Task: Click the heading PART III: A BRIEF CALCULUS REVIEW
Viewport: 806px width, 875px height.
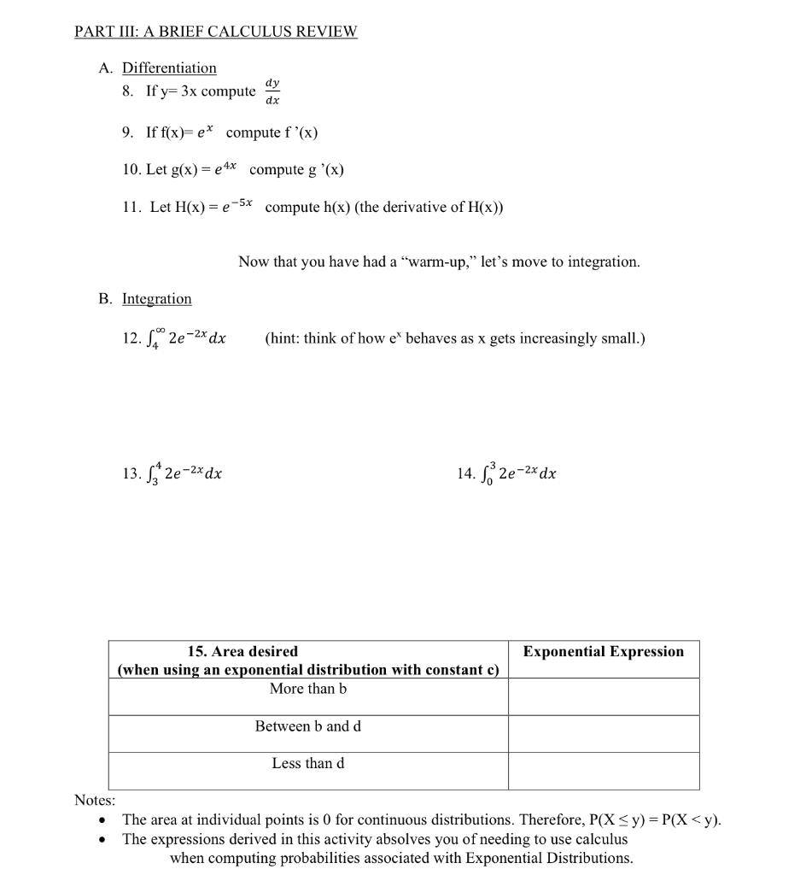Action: tap(215, 32)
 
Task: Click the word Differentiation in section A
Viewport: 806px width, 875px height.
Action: tap(169, 68)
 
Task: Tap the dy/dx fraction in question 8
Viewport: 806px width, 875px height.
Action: tap(272, 91)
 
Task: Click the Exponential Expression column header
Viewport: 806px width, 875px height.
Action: tap(603, 652)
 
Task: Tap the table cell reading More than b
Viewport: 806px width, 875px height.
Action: tap(308, 689)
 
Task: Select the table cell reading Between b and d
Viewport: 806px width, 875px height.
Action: tap(308, 726)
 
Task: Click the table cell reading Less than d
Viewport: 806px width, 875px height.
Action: tap(308, 763)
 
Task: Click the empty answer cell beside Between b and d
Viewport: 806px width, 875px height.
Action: tap(603, 733)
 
